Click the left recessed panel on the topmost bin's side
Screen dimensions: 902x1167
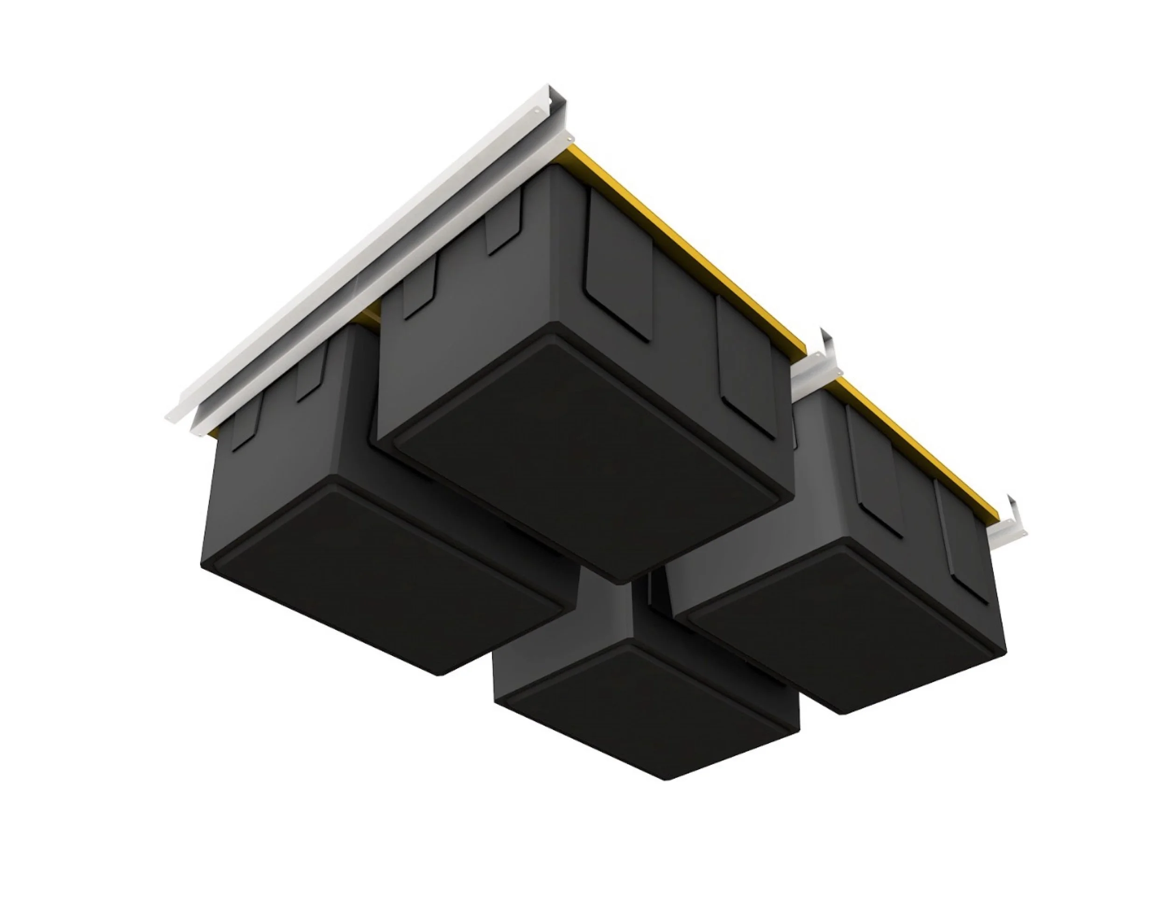[x=620, y=267]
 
